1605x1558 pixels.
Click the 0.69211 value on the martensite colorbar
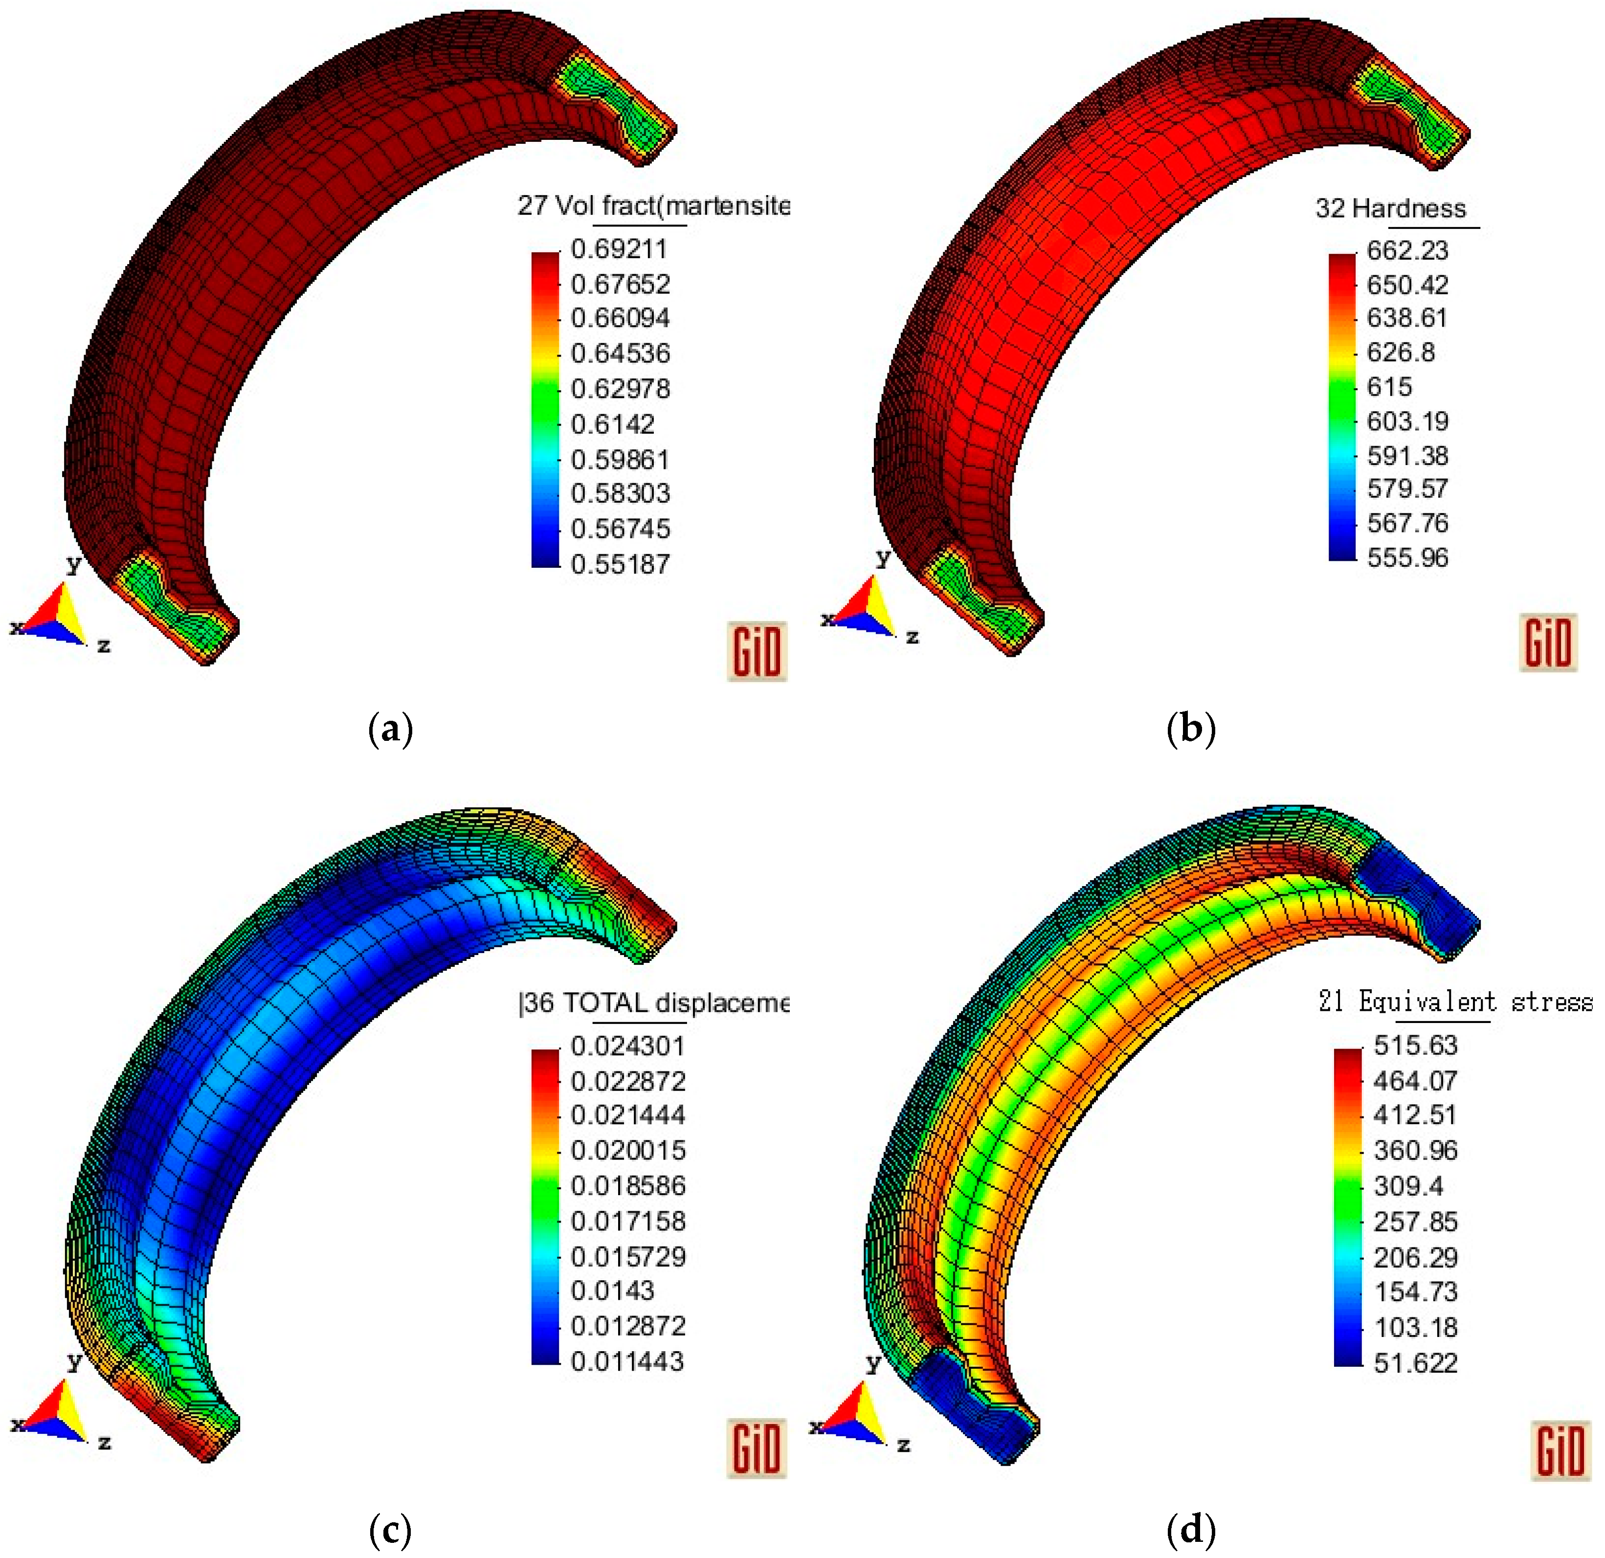click(x=619, y=249)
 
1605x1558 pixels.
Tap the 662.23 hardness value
click(x=1407, y=250)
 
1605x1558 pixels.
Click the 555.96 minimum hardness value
click(x=1407, y=557)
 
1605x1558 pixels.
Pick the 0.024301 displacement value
click(x=627, y=1046)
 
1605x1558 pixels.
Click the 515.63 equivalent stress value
click(x=1415, y=1046)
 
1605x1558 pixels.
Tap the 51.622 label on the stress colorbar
click(x=1415, y=1363)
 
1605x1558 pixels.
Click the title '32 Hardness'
click(x=1390, y=209)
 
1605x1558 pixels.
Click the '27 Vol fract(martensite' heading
click(x=653, y=205)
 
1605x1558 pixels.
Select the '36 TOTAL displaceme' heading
click(x=653, y=1003)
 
